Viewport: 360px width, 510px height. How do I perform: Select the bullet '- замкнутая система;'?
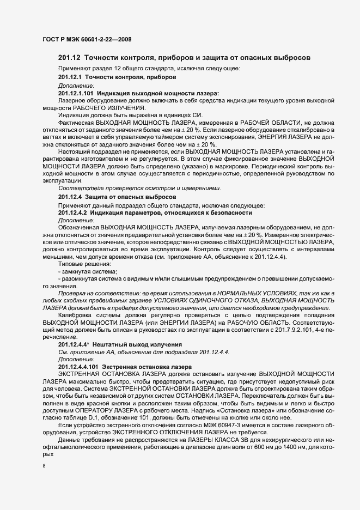click(88, 271)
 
